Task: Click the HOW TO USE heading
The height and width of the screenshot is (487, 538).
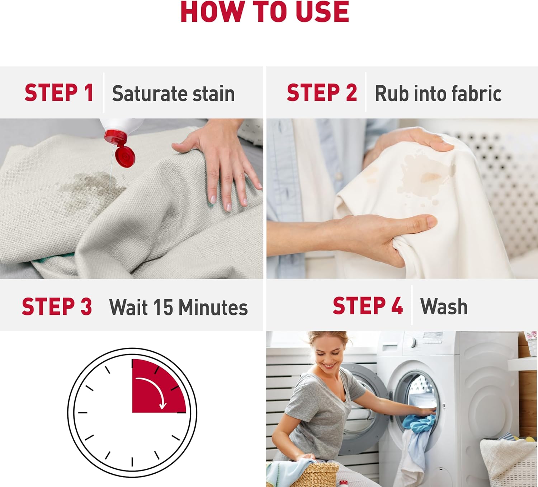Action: pyautogui.click(x=265, y=12)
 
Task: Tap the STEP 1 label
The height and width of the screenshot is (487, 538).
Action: pyautogui.click(x=59, y=93)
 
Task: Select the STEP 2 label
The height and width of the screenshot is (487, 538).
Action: pyautogui.click(x=322, y=93)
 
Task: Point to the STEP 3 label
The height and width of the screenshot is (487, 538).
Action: pyautogui.click(x=57, y=306)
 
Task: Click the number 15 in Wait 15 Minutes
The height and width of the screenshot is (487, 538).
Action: pyautogui.click(x=163, y=307)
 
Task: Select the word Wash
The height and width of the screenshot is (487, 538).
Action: pyautogui.click(x=444, y=306)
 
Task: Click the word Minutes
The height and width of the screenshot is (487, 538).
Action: pyautogui.click(x=213, y=307)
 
